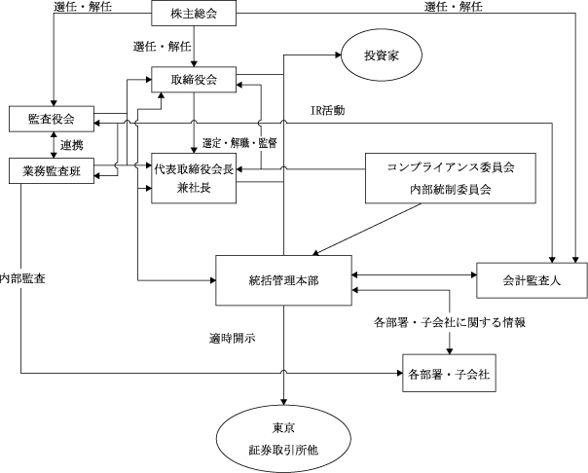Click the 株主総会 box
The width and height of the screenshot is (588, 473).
[x=194, y=13]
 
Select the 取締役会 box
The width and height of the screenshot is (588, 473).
[x=194, y=80]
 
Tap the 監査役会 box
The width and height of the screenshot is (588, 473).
[x=52, y=119]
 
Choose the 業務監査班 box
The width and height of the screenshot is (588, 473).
[x=52, y=171]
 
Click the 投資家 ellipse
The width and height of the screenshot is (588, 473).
[x=382, y=55]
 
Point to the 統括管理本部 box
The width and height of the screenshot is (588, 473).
[x=283, y=280]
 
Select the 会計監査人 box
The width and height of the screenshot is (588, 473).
[x=532, y=280]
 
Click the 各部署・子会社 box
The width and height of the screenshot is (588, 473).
[x=449, y=374]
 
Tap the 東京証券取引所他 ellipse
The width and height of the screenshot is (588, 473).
[x=283, y=439]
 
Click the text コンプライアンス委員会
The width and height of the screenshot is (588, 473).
[x=451, y=166]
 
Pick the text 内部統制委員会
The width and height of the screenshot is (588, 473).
[x=451, y=189]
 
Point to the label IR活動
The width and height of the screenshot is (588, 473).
[x=327, y=110]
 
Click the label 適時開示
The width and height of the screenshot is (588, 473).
[x=233, y=338]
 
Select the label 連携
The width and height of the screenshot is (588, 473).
[x=72, y=145]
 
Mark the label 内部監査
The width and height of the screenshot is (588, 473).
[x=22, y=278]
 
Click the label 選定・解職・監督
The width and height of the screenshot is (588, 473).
[x=239, y=143]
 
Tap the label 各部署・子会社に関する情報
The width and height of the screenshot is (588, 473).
[x=449, y=322]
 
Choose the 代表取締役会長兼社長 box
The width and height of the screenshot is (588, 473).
[x=194, y=178]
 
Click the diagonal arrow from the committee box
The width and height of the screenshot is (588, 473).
[x=367, y=230]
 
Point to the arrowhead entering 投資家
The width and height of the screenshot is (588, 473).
[x=338, y=55]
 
